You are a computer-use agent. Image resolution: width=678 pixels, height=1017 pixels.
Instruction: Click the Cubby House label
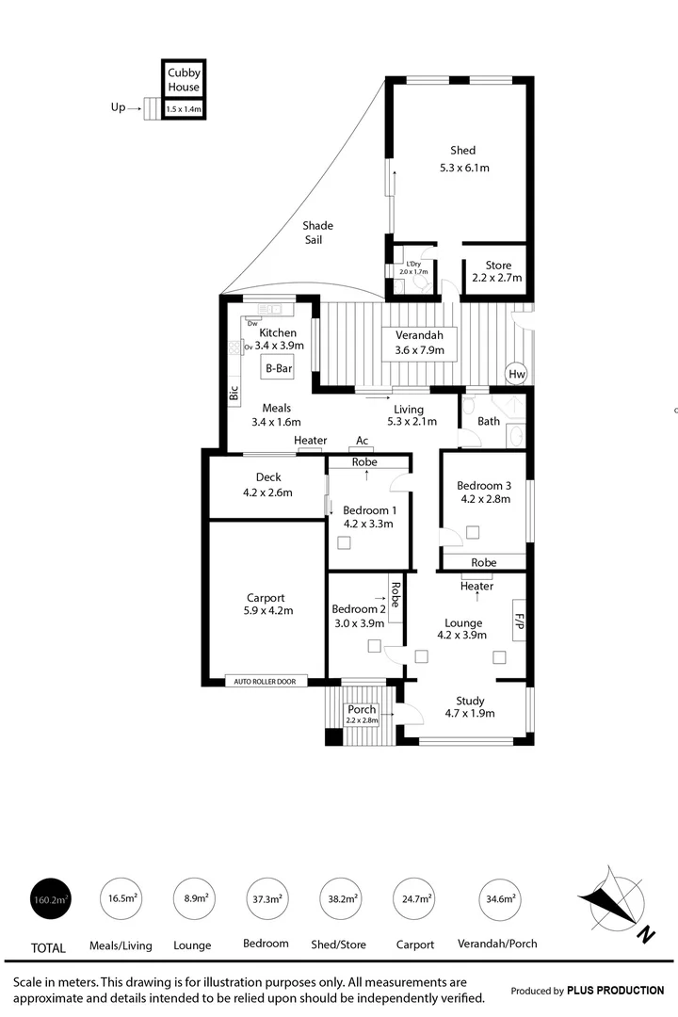click(x=184, y=80)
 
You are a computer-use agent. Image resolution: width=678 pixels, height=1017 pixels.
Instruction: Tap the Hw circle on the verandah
click(x=516, y=373)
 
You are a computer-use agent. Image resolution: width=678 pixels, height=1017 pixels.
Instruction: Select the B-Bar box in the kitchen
click(x=277, y=368)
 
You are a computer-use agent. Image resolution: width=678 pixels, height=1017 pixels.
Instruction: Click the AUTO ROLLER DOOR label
click(x=266, y=680)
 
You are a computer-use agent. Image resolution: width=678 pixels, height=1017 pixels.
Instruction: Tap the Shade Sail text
click(x=317, y=233)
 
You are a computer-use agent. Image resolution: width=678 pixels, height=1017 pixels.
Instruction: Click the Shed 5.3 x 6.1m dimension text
click(x=464, y=168)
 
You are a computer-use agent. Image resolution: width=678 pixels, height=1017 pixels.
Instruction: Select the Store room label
click(x=497, y=265)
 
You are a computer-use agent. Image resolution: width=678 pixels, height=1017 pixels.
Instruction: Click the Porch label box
click(x=362, y=714)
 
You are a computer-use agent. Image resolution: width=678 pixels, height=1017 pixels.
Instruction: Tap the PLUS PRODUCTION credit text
click(x=615, y=990)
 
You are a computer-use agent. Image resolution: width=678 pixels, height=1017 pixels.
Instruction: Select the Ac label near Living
click(x=362, y=440)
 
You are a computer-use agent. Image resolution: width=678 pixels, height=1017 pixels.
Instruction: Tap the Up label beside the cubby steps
click(x=118, y=107)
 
